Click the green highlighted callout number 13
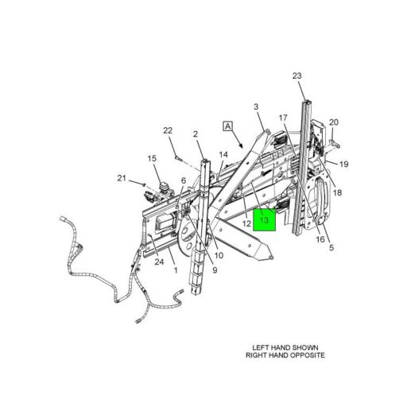coord(265,220)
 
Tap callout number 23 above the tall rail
coord(297,76)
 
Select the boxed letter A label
coord(228,126)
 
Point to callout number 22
coord(168,130)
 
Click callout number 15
coord(152,159)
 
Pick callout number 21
coord(122,178)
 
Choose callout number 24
coord(159,262)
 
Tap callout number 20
coord(334,122)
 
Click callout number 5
coord(331,248)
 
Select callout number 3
coord(256,107)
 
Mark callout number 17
coord(283,118)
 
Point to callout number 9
coord(215,270)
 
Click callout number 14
coord(223,154)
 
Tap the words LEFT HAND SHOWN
coord(285,347)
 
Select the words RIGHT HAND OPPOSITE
coord(285,355)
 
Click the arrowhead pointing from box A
coord(241,145)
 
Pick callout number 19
coord(344,165)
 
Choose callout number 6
coord(184,180)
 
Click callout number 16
coord(320,239)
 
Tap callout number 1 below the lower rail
coord(176,270)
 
